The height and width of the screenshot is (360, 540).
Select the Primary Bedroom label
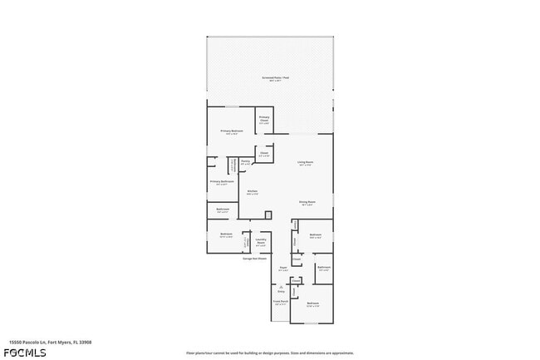coord(232,131)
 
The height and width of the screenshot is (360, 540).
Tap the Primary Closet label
coord(264,118)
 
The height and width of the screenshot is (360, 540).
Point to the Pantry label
coord(245,163)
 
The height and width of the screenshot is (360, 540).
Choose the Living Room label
coord(306,163)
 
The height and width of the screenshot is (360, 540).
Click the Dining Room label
coord(306,202)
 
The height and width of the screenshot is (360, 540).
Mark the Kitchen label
coord(252,191)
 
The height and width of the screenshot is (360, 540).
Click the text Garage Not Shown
coord(254,259)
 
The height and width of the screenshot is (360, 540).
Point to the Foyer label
coord(283,269)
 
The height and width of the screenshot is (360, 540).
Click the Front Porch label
coord(281,303)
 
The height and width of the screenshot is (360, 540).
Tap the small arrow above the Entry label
coord(281,287)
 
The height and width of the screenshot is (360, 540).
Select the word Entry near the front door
coord(281,292)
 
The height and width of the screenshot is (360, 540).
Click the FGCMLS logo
coord(24,352)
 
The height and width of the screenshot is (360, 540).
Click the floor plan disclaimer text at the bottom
coord(269,353)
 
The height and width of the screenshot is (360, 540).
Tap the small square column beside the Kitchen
coord(268,215)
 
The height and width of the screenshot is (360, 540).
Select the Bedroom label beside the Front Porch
coord(313,304)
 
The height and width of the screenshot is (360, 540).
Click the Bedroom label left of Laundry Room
coord(226,235)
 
